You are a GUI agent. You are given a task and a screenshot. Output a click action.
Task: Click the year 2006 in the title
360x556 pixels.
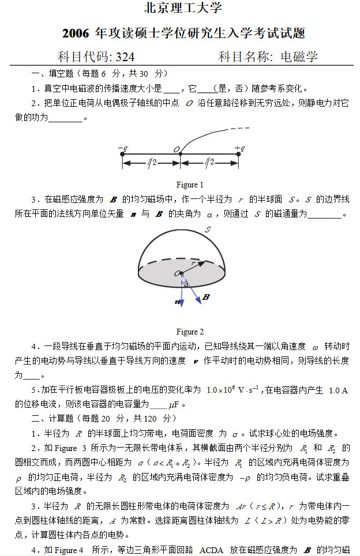(76, 33)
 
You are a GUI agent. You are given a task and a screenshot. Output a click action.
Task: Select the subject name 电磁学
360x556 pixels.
(298, 57)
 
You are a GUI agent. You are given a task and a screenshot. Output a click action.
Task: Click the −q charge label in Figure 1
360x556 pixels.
(122, 149)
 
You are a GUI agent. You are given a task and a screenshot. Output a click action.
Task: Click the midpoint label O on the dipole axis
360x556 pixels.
(177, 149)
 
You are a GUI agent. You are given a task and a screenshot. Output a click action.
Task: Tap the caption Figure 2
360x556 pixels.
(190, 332)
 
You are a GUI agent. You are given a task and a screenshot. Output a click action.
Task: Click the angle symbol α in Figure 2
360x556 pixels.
(186, 284)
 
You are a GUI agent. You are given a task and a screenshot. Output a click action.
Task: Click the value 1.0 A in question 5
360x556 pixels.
(338, 390)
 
